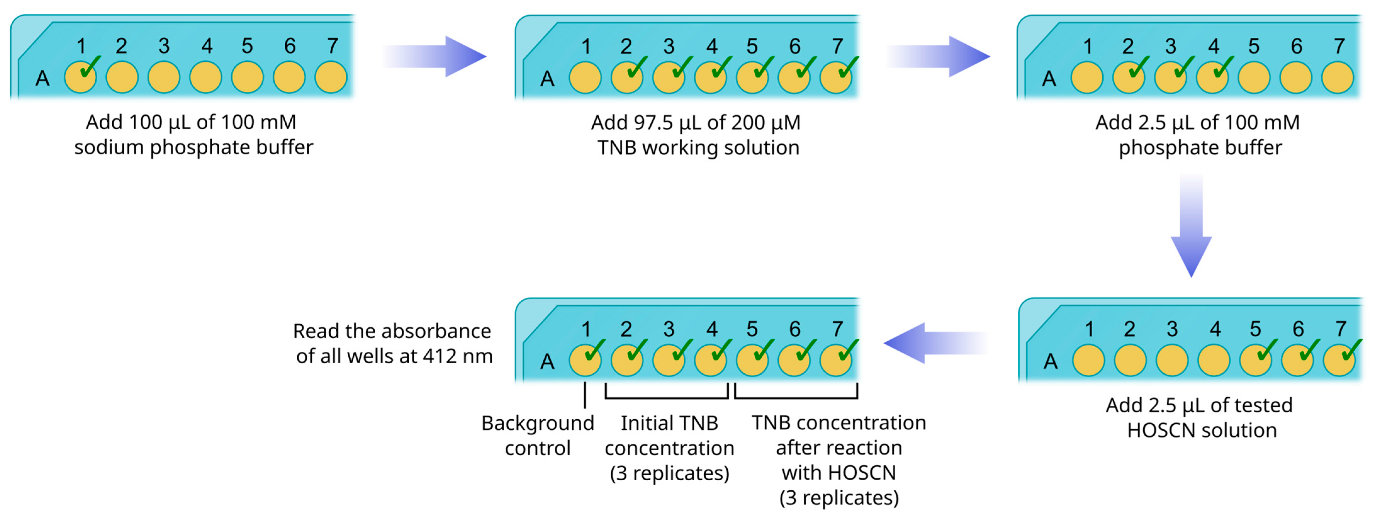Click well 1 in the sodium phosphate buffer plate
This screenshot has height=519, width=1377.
[x=80, y=77]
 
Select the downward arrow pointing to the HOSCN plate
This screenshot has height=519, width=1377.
[x=1191, y=225]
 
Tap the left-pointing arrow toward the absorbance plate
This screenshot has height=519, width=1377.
[x=936, y=343]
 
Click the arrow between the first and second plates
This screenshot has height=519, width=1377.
[x=434, y=56]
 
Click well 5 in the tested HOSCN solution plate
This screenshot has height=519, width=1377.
[x=1256, y=360]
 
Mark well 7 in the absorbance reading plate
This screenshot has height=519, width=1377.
[x=836, y=360]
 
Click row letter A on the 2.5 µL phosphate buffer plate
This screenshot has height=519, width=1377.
[x=1049, y=79]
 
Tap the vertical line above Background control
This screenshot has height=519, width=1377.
[x=585, y=395]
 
